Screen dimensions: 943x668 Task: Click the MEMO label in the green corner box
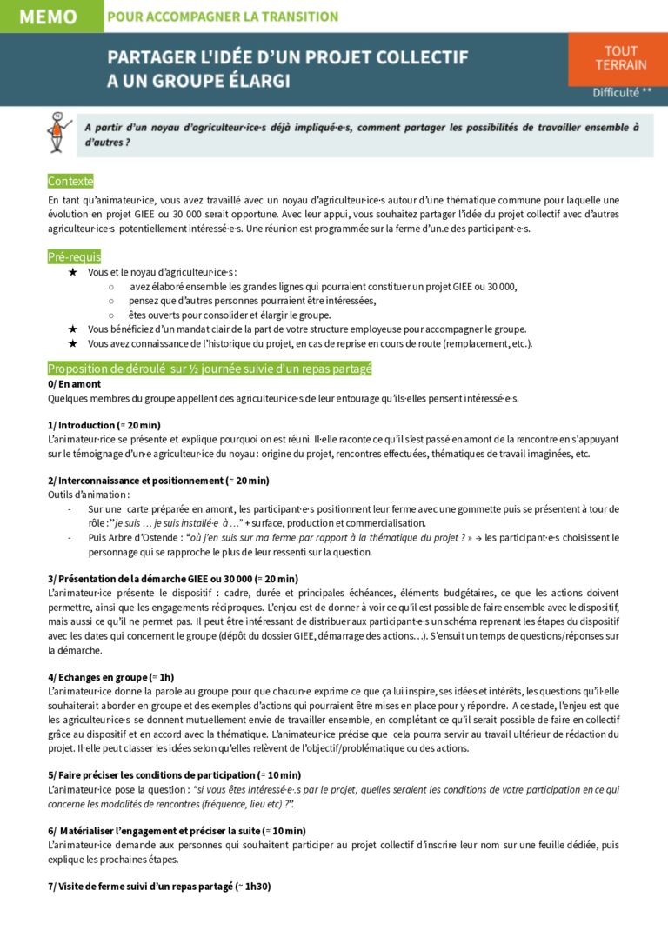[x=47, y=17]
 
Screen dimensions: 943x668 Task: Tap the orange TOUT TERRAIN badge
[x=621, y=57]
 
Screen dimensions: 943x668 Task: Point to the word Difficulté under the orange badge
[x=616, y=92]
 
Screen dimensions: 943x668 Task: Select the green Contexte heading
[x=70, y=181]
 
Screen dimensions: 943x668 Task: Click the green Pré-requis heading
[x=74, y=256]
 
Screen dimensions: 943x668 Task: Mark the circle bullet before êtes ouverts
[x=111, y=315]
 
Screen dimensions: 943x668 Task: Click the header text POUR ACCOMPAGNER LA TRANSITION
[x=222, y=17]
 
